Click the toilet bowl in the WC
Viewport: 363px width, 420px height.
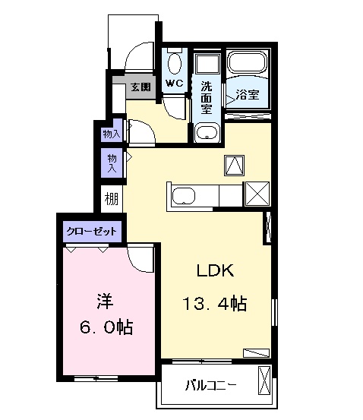(x=174, y=63)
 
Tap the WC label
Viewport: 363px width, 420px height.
(x=174, y=83)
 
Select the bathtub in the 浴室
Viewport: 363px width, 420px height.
(x=247, y=62)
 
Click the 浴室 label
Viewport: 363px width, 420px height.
(x=248, y=94)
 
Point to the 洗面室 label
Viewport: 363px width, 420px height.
(x=207, y=97)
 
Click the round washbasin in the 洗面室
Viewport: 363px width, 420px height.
(x=207, y=133)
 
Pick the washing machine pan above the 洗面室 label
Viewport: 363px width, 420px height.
(x=207, y=64)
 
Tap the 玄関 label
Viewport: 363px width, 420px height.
(x=141, y=87)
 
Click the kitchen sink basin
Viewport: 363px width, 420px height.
(x=184, y=197)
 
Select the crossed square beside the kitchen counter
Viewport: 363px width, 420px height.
(x=257, y=194)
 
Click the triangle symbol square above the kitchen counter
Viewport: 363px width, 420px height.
(x=235, y=166)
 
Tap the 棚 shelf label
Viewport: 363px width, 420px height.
(x=111, y=199)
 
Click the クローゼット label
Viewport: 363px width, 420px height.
(x=92, y=231)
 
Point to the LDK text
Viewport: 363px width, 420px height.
(x=216, y=270)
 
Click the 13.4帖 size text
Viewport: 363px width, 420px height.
(x=215, y=304)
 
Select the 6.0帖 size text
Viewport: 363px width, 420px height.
(x=106, y=327)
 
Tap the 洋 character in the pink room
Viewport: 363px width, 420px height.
(x=106, y=302)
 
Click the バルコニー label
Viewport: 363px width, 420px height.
(x=211, y=386)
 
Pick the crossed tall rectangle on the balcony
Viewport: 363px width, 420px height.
(x=265, y=381)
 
